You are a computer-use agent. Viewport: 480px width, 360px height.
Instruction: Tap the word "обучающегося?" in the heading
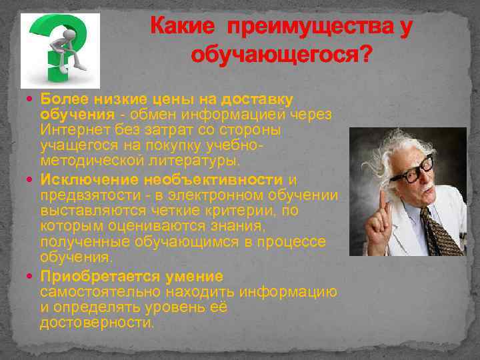[x=281, y=54]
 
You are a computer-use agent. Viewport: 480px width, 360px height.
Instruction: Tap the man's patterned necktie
[x=441, y=231]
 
